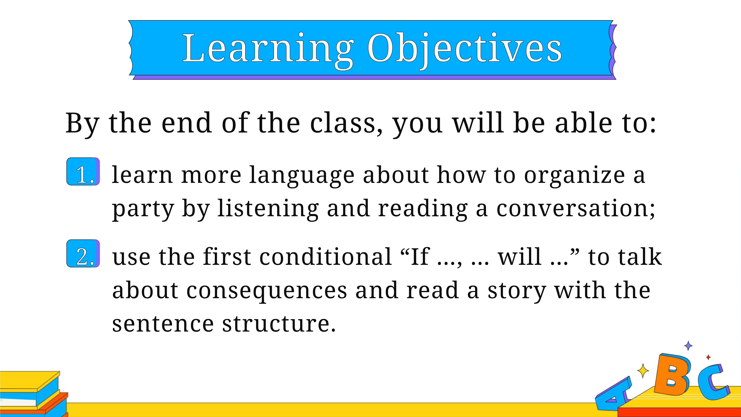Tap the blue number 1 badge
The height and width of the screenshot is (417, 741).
83,172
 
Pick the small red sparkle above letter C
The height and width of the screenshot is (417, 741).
708,357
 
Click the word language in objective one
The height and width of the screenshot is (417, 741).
301,176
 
